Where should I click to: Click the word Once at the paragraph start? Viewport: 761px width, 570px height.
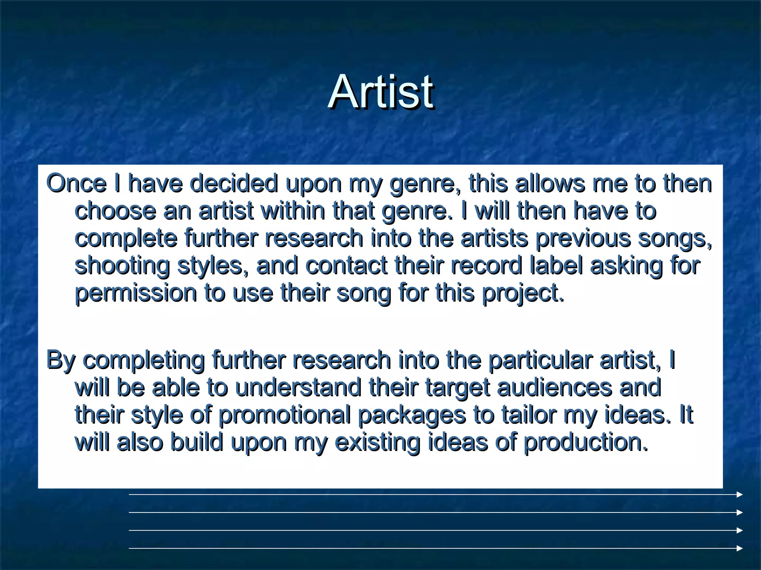tap(76, 183)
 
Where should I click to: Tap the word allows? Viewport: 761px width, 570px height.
tap(550, 183)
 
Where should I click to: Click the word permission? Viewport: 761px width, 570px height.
tap(136, 293)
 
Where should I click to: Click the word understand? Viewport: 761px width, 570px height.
tap(298, 387)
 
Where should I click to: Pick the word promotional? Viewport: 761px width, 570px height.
tap(285, 415)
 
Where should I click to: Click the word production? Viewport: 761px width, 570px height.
tap(586, 442)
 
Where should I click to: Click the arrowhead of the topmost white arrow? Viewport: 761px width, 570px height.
tap(739, 495)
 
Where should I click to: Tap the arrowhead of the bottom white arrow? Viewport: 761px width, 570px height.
tap(739, 548)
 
